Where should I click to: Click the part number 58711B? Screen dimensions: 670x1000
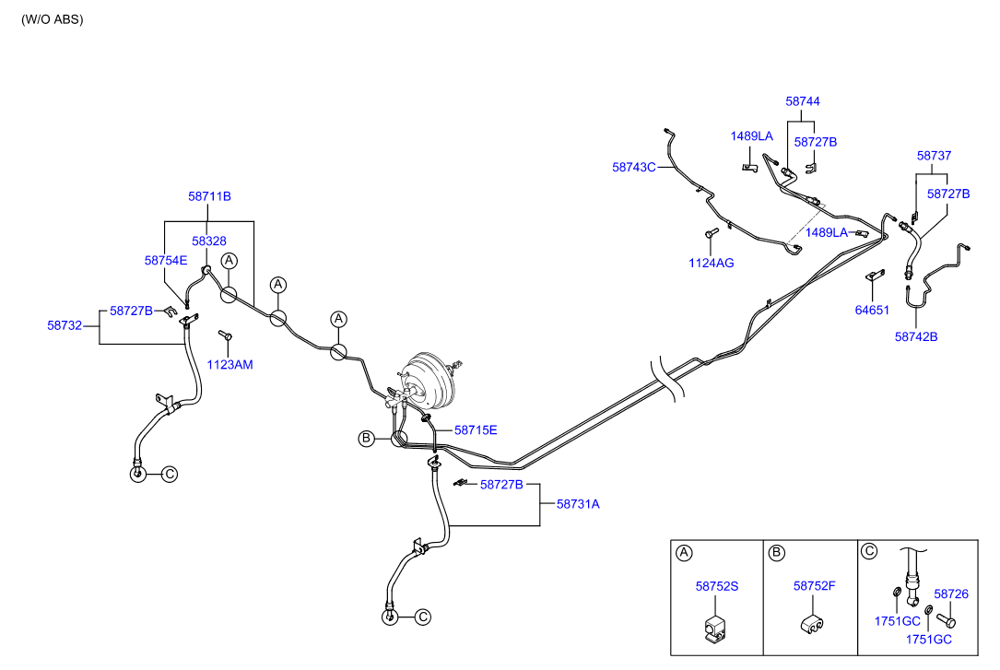[209, 196]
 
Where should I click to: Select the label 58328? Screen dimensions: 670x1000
[209, 241]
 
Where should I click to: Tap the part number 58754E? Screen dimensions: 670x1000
[166, 261]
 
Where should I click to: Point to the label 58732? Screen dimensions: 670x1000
[65, 325]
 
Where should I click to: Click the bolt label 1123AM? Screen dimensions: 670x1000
[229, 365]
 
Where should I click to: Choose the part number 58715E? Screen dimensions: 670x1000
[476, 430]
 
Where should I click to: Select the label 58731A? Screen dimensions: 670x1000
[578, 504]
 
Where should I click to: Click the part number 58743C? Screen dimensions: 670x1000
[633, 168]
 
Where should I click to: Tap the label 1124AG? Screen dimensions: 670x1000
[712, 264]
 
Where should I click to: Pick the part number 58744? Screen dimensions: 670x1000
[803, 101]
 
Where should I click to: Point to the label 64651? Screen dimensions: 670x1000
[872, 311]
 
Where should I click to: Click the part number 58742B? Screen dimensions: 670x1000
[916, 337]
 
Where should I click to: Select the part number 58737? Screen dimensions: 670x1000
[935, 156]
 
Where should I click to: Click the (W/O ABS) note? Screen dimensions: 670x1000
[53, 19]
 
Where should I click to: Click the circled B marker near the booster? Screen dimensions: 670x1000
[366, 439]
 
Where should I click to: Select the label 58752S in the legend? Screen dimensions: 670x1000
[717, 586]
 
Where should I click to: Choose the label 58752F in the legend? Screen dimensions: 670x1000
[815, 586]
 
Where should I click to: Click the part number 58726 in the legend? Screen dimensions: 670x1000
[951, 595]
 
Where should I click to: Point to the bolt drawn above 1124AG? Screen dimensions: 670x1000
[712, 235]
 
